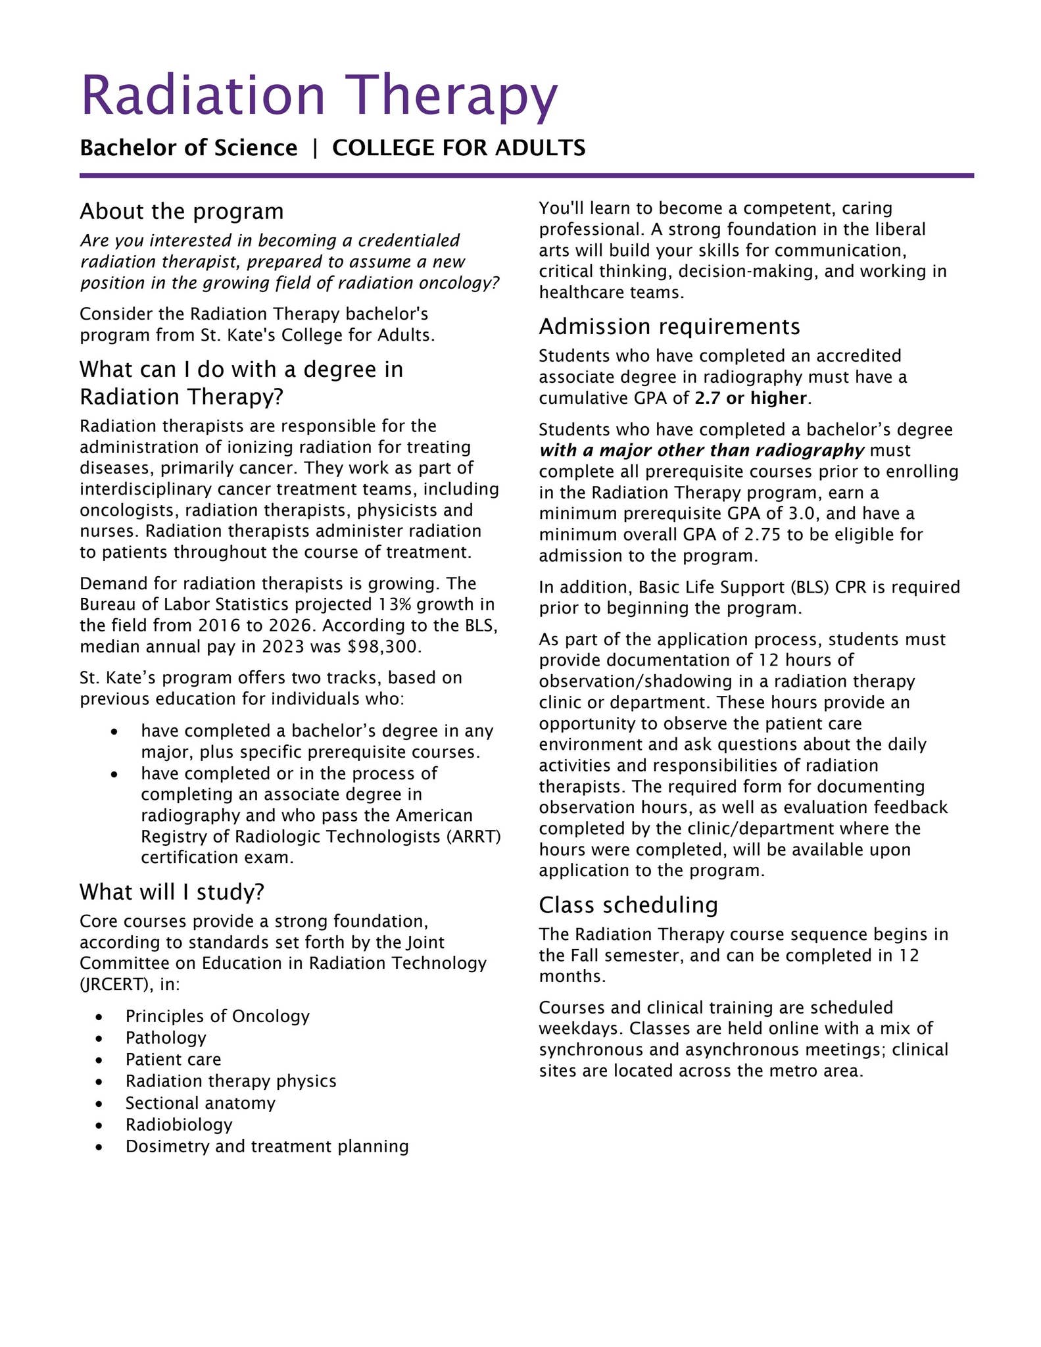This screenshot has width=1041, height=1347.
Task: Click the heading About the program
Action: click(x=182, y=212)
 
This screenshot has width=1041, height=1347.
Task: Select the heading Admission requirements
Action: click(x=669, y=326)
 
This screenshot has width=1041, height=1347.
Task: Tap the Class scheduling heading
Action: click(x=628, y=905)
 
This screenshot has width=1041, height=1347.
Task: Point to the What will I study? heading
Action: click(x=172, y=892)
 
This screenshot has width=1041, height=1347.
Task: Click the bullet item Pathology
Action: click(x=166, y=1038)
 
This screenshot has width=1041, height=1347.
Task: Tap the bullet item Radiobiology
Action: click(x=179, y=1124)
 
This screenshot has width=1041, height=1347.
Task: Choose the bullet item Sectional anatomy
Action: click(x=201, y=1102)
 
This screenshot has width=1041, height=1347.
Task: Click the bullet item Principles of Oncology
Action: click(x=218, y=1016)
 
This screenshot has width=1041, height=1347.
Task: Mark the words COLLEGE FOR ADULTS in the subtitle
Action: click(x=458, y=148)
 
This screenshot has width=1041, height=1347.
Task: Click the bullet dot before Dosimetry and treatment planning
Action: click(x=99, y=1146)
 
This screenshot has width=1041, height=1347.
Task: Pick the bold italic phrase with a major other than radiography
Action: click(x=702, y=451)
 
